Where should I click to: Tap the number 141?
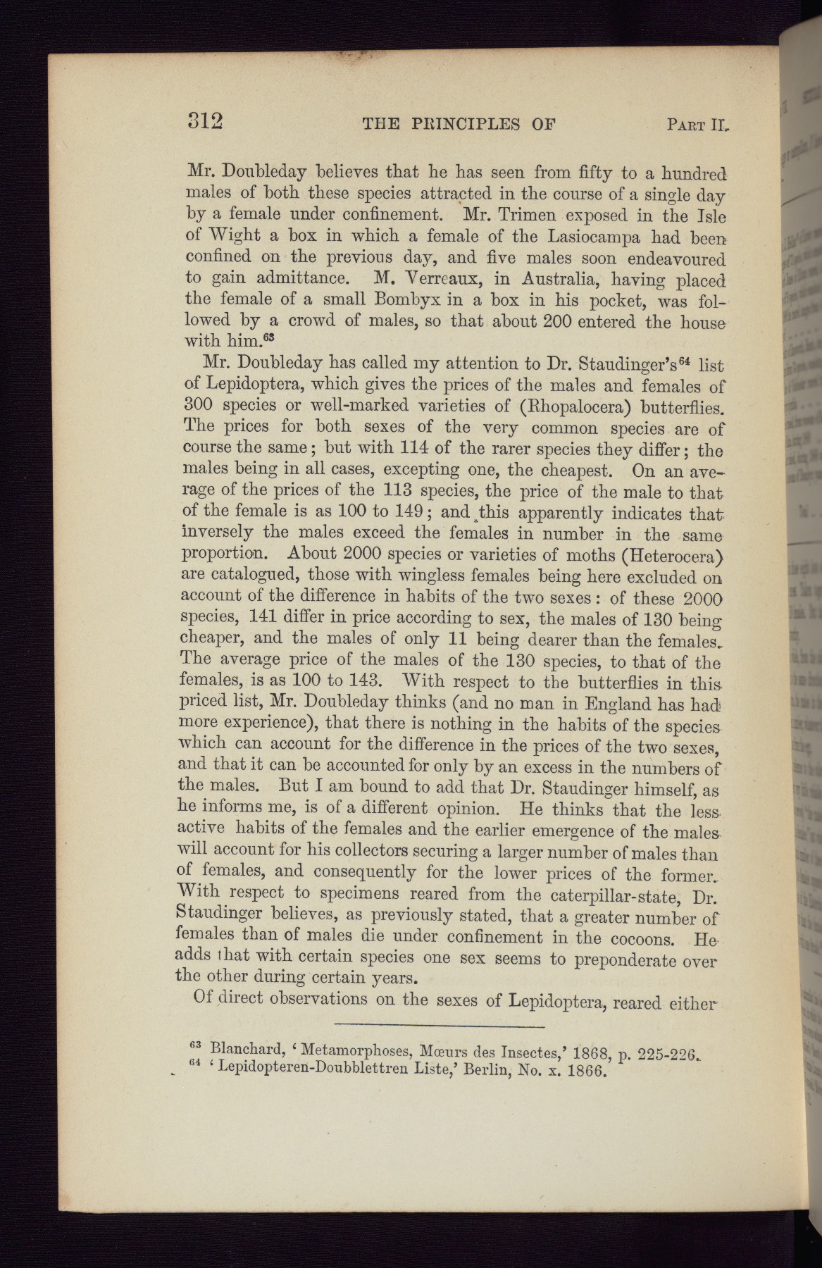coord(265,616)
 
